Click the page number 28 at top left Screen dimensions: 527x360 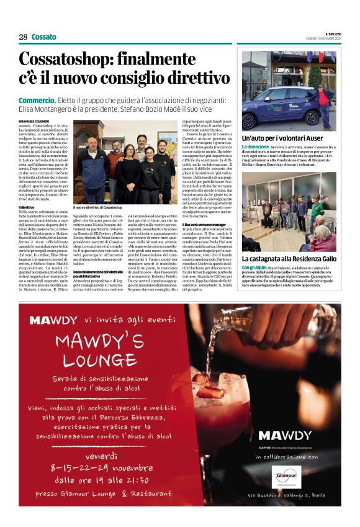23,37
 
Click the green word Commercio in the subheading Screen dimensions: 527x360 37,100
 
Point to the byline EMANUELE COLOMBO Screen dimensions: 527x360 33,119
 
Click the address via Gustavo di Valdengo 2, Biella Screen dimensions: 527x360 285,495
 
